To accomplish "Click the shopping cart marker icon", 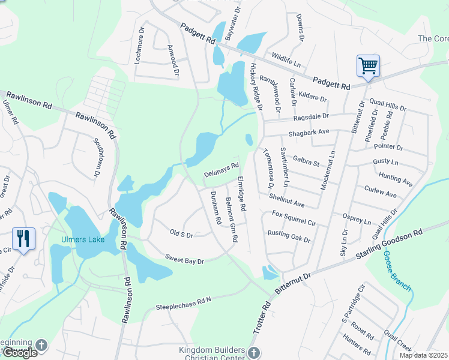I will pyautogui.click(x=367, y=65).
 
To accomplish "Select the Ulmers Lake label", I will pyautogui.click(x=83, y=240).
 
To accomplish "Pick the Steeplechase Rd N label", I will pyautogui.click(x=184, y=303).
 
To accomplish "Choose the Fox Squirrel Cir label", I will pyautogui.click(x=294, y=217).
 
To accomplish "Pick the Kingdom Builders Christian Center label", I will pyautogui.click(x=212, y=354).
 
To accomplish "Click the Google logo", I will pyautogui.click(x=19, y=353).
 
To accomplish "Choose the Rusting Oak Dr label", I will pyautogui.click(x=289, y=236).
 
